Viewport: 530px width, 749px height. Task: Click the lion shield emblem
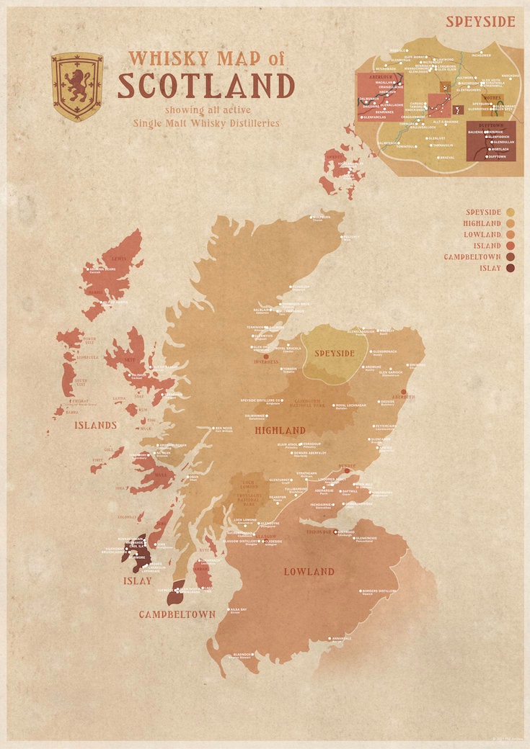(x=76, y=86)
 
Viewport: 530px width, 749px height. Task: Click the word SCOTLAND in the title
(x=206, y=86)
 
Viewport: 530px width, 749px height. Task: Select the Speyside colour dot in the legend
(x=511, y=212)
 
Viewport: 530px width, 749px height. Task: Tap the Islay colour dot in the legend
(x=511, y=268)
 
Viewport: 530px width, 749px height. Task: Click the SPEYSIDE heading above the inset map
(x=480, y=22)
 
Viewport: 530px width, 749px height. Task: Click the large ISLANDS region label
(x=95, y=425)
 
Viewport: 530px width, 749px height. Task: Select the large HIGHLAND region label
(x=280, y=430)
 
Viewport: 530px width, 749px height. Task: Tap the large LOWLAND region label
(x=309, y=571)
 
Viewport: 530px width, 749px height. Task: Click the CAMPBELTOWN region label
(x=177, y=614)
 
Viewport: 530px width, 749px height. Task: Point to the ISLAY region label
(x=137, y=580)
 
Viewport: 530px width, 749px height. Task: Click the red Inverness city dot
(x=266, y=356)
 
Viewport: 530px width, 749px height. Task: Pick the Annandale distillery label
(x=342, y=638)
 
